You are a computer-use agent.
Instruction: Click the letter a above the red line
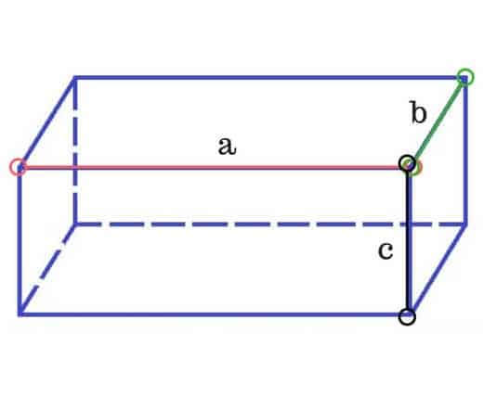pyautogui.click(x=228, y=147)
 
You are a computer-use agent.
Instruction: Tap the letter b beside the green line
pyautogui.click(x=418, y=112)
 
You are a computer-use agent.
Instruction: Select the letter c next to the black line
pyautogui.click(x=386, y=250)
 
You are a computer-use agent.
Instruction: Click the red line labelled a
pyautogui.click(x=214, y=167)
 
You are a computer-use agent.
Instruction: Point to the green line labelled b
pyautogui.click(x=437, y=121)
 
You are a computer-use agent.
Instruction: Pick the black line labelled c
pyautogui.click(x=407, y=240)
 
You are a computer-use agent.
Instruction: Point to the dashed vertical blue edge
pyautogui.click(x=75, y=150)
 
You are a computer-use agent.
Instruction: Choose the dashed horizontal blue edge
pyautogui.click(x=270, y=224)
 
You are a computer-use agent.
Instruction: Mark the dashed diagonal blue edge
pyautogui.click(x=47, y=269)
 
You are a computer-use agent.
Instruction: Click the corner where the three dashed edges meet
pyautogui.click(x=75, y=224)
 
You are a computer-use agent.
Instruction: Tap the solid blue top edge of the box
pyautogui.click(x=270, y=77)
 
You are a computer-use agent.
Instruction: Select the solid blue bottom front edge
pyautogui.click(x=214, y=314)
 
